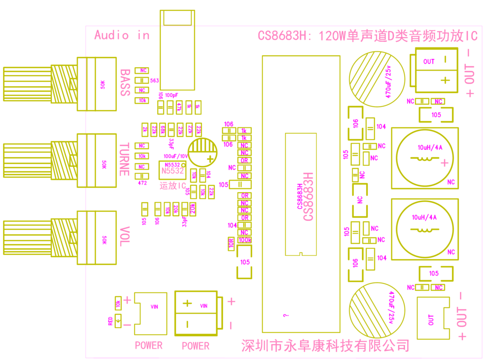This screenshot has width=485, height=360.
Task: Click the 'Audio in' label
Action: (x=121, y=35)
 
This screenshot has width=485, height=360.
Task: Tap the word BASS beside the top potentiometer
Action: (x=125, y=82)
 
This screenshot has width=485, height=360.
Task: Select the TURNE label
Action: (x=124, y=160)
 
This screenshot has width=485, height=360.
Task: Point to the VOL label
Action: (x=124, y=236)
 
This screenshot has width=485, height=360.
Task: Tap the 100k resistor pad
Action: (x=245, y=240)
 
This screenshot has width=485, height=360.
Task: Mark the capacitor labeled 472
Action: (x=142, y=176)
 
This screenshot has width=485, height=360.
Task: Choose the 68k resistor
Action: (x=163, y=129)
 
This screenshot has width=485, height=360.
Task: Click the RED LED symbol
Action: (x=118, y=322)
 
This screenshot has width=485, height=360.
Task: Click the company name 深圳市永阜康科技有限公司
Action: (x=325, y=346)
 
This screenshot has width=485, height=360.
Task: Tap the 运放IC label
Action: (x=173, y=186)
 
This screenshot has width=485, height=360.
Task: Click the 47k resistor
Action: (x=178, y=107)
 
